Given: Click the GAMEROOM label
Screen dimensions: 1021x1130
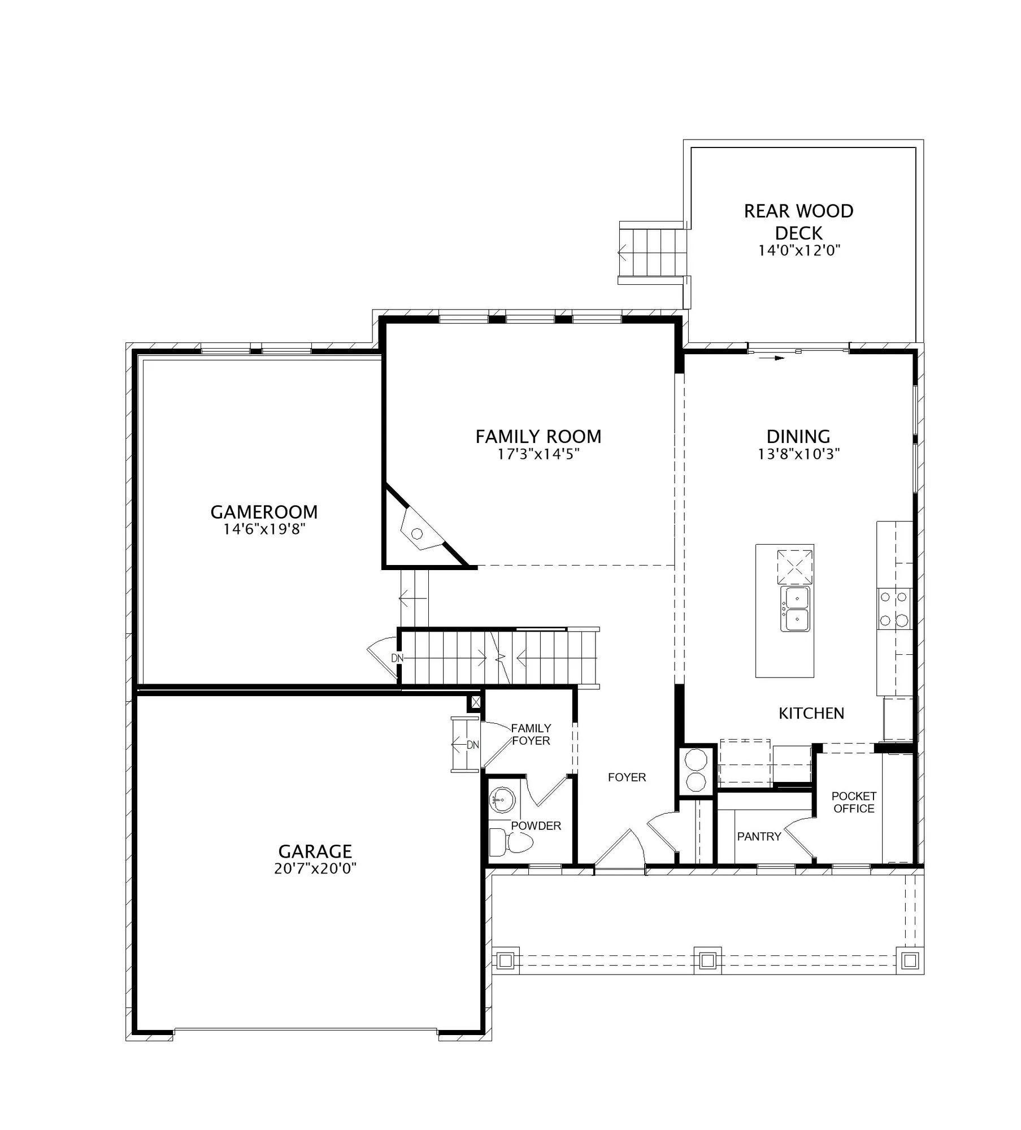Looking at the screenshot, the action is [x=264, y=512].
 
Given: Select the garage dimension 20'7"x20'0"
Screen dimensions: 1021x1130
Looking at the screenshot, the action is [x=315, y=868].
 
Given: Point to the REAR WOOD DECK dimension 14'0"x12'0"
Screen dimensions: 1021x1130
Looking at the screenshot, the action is [x=800, y=250].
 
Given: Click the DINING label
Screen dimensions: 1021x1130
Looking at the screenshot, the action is [x=798, y=436].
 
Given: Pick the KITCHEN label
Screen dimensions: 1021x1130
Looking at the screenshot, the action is [x=811, y=714].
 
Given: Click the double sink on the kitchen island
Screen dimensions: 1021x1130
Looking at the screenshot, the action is [x=795, y=609].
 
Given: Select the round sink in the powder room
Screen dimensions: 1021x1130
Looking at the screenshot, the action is [x=499, y=801].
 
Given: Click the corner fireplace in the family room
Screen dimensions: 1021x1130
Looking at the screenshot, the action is [x=420, y=531].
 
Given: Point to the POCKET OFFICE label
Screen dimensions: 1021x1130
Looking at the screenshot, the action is [x=854, y=802].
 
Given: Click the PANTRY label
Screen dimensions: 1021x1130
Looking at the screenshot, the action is [x=759, y=836].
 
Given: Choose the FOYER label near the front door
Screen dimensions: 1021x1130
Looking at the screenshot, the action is [x=627, y=777].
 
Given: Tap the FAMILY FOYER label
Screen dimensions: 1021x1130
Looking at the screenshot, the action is [x=531, y=734].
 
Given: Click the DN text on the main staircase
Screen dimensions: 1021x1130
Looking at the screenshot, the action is [x=397, y=658].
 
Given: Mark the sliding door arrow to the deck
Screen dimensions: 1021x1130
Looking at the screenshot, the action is [x=771, y=358].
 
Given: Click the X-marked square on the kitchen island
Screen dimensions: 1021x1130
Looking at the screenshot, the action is [x=795, y=567].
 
